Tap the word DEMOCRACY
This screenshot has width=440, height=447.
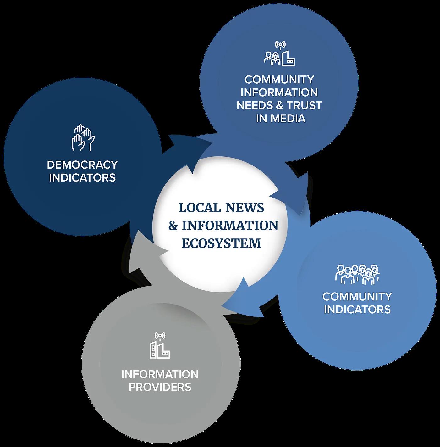[x=82, y=165]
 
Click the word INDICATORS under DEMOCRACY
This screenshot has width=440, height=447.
[x=82, y=177]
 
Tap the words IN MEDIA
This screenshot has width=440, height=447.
[x=281, y=118]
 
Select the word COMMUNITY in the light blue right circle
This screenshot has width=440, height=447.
[x=357, y=296]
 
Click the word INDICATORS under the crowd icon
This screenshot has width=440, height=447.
[x=357, y=309]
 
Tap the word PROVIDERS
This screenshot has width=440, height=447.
[x=160, y=387]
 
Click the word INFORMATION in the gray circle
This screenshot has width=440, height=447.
[x=160, y=374]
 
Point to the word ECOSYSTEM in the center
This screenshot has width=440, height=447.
[x=222, y=243]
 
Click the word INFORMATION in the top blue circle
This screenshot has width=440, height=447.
[x=279, y=92]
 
